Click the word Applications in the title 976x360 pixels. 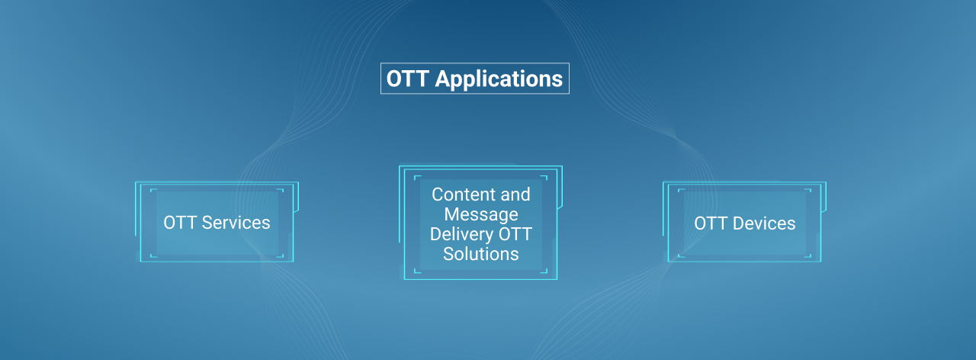[x=499, y=79]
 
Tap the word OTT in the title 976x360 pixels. [x=407, y=79]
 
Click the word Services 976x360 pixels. [x=236, y=223]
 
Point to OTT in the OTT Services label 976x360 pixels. [x=180, y=223]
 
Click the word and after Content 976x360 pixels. [x=515, y=194]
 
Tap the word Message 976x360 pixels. [x=481, y=214]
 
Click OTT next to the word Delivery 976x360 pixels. [x=515, y=234]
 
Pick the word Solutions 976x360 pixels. [x=481, y=254]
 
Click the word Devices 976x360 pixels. [x=764, y=223]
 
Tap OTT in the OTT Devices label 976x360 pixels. [x=711, y=223]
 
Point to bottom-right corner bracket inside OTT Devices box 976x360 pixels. [x=810, y=256]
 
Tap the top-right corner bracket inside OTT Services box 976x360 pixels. [x=282, y=190]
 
